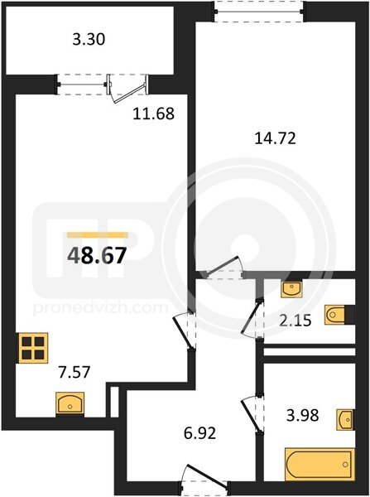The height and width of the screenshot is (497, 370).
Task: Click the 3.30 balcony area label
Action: point(89,40)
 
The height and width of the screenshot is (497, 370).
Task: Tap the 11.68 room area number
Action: point(154,113)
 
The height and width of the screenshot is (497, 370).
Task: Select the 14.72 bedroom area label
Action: point(276,138)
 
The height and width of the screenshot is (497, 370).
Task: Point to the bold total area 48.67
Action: point(97,256)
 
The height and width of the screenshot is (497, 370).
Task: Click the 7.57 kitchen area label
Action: point(74,372)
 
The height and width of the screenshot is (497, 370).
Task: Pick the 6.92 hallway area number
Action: point(199,433)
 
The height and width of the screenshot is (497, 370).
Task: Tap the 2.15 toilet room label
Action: point(296,321)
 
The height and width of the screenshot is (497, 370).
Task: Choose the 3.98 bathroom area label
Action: point(302,415)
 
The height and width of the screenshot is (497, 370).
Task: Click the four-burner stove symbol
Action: point(33,348)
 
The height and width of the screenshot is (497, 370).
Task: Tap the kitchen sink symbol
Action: point(70,404)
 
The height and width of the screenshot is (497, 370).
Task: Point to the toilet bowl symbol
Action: point(335,315)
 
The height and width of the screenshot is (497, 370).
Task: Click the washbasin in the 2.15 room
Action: point(291,289)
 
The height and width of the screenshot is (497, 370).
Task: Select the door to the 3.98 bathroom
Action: point(253,413)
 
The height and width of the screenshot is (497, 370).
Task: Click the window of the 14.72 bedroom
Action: point(259,12)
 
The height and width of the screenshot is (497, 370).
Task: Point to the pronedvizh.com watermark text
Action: point(100,307)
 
